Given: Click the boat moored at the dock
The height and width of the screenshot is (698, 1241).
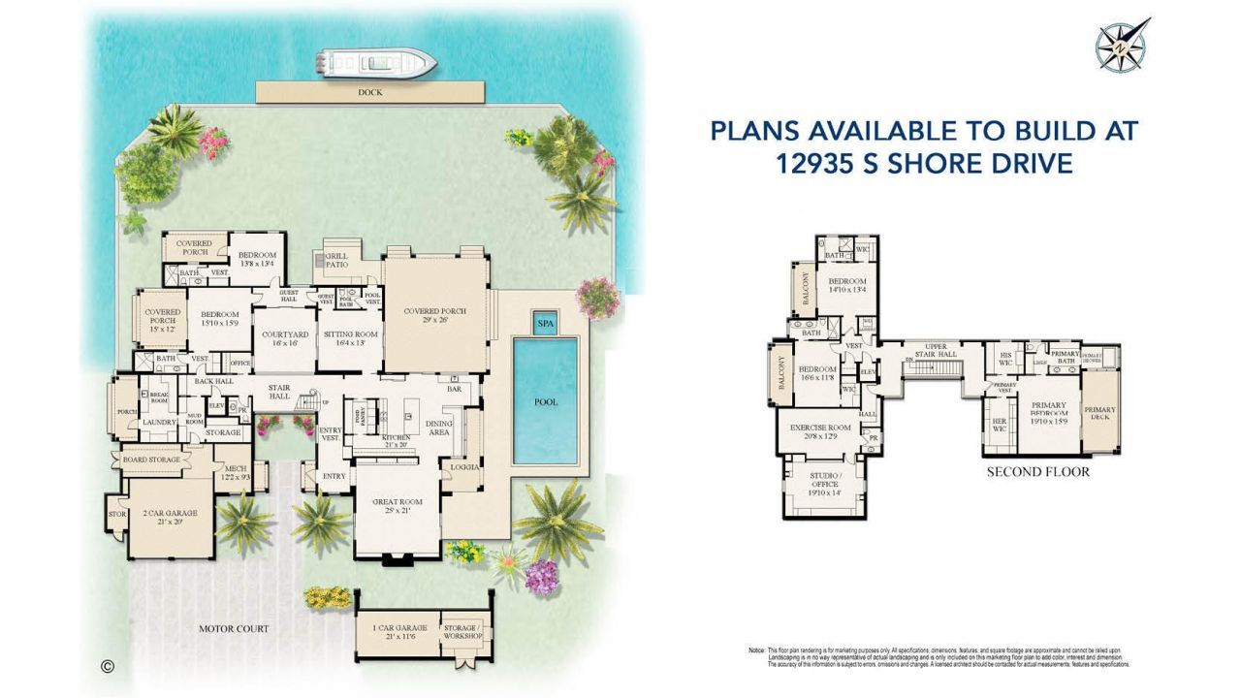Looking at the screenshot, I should tap(376, 64).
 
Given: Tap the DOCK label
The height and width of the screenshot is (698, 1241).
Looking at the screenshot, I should tap(369, 92).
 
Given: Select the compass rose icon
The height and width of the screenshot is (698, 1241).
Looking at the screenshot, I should tap(1122, 45).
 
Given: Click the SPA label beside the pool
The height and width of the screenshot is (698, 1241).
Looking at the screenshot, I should tap(546, 323).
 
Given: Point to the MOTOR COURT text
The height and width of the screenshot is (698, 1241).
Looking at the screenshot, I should tap(234, 628).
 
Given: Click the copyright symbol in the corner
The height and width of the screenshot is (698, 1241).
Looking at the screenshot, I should tap(108, 666).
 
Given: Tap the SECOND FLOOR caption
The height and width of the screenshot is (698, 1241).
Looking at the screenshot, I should tap(1037, 472).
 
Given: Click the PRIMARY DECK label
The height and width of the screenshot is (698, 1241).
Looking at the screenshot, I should tap(1099, 414).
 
